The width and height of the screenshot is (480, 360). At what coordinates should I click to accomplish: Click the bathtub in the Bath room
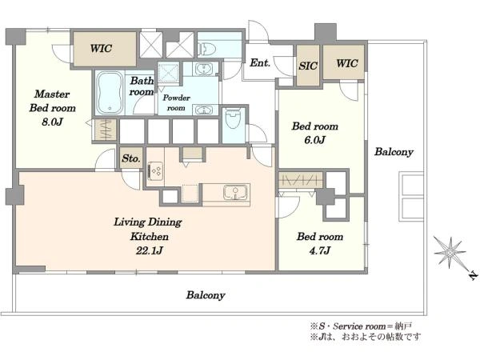tap(110, 93)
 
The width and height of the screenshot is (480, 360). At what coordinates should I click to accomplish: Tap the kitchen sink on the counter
tap(235, 192)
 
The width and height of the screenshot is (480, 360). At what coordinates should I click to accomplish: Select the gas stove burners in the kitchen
tap(156, 170)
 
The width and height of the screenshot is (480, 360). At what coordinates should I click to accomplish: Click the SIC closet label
tap(308, 66)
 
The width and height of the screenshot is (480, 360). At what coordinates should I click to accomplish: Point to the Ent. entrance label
tap(260, 63)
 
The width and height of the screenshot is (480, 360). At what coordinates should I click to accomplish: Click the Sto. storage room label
tap(131, 158)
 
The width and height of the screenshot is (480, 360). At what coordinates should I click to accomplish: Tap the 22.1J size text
tap(149, 251)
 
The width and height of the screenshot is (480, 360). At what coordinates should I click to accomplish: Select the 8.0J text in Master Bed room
tap(52, 122)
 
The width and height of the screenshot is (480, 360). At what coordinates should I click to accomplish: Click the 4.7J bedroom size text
tap(319, 251)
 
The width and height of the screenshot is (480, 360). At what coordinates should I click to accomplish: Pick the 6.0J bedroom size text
tap(314, 140)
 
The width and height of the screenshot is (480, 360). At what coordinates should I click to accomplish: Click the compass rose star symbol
tap(450, 253)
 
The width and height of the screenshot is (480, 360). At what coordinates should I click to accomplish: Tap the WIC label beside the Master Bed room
tap(101, 48)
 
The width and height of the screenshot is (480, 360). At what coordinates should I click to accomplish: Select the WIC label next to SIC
tap(347, 63)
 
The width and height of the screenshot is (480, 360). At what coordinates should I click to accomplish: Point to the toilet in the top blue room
tap(207, 49)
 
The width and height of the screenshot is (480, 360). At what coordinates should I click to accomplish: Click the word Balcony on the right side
tap(394, 152)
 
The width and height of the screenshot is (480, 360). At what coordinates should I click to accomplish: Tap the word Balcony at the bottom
tap(206, 295)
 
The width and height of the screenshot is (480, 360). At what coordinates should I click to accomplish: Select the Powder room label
tap(176, 103)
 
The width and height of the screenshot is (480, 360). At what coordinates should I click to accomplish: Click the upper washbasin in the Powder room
tap(202, 69)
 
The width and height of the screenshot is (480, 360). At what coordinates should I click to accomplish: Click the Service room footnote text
tap(362, 326)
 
